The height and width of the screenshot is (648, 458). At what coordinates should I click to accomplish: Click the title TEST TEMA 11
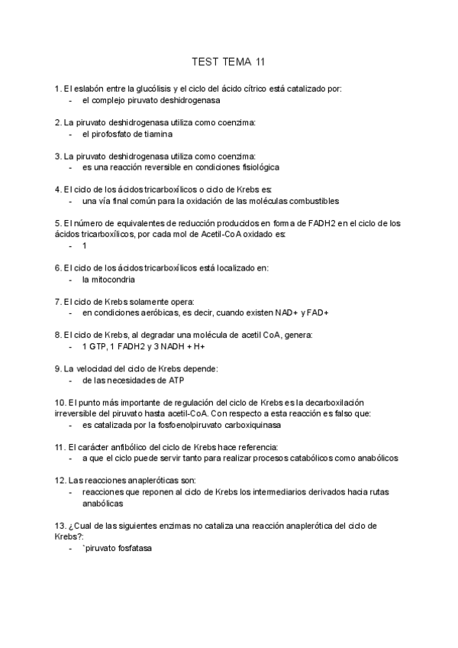tap(229, 62)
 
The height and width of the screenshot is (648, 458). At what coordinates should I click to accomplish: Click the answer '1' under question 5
tap(85, 246)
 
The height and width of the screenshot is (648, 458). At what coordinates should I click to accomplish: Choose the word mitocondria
tap(108, 279)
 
